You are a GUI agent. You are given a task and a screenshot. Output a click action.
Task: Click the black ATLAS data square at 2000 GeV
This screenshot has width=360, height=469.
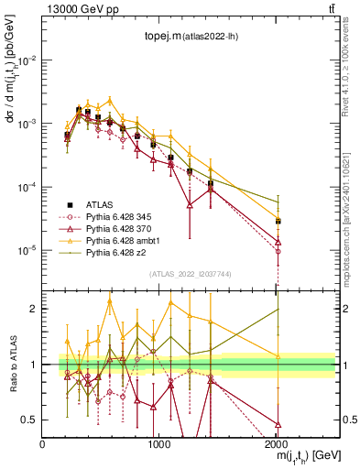point(278,221)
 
